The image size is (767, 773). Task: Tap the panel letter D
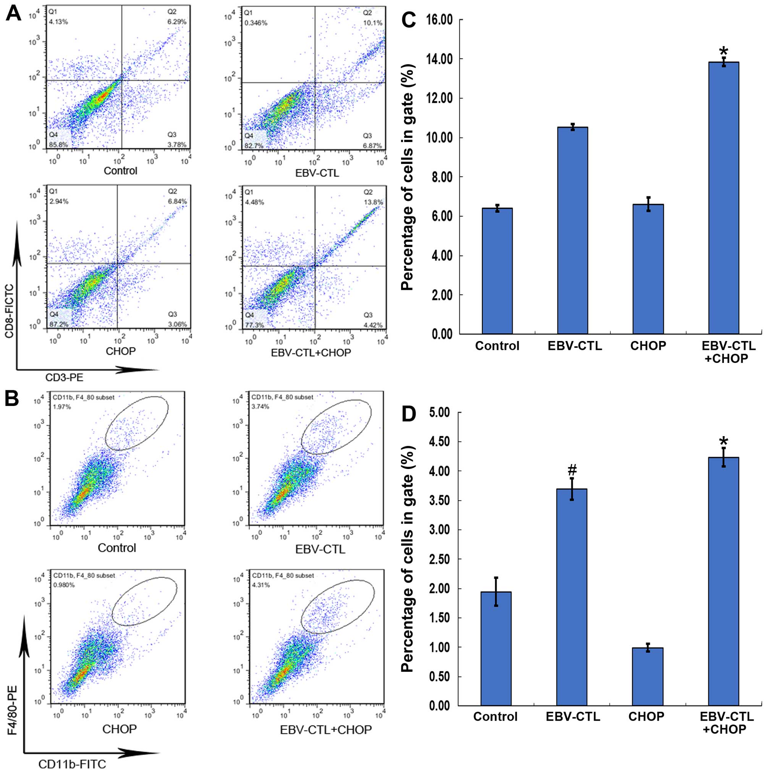coord(408,414)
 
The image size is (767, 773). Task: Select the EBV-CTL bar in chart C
coord(572,230)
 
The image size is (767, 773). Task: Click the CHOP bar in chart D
coord(647,676)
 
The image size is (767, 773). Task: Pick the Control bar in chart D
coord(496,648)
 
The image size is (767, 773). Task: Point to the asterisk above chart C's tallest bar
coord(723,52)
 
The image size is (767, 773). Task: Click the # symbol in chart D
coord(572,469)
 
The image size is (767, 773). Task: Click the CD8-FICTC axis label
coord(9,311)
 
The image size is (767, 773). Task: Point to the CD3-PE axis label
coord(64,377)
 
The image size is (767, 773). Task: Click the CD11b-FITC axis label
coord(72,764)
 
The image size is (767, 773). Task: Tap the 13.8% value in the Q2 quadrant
coord(375,202)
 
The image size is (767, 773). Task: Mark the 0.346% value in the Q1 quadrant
coord(256,23)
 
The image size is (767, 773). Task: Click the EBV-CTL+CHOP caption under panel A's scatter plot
coord(311,353)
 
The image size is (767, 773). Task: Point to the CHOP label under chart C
coord(648,346)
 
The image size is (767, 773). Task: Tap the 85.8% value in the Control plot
coord(58,144)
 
